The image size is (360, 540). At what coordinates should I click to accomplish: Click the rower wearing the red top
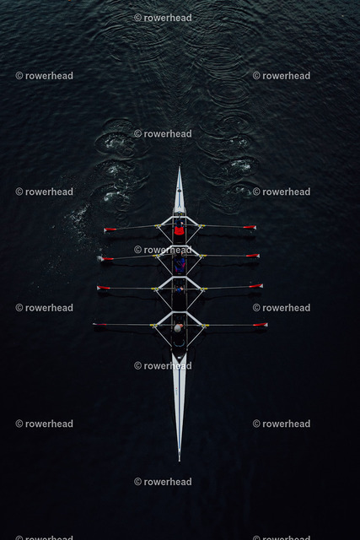(x=179, y=229)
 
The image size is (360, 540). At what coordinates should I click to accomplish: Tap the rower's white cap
(x=178, y=328)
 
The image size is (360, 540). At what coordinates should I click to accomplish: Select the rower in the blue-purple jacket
(x=180, y=263)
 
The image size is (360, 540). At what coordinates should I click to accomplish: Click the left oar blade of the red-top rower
(x=110, y=229)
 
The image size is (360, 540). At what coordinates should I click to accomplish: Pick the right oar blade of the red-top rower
(x=250, y=227)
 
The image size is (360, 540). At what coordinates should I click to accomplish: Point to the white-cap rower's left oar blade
(x=99, y=324)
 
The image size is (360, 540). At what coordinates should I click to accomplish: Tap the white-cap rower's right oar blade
(x=261, y=324)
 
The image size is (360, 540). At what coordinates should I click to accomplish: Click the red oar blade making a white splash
(x=107, y=258)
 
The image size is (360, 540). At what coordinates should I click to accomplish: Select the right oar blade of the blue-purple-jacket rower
(x=253, y=256)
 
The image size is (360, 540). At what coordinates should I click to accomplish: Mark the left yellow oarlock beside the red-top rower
(x=158, y=226)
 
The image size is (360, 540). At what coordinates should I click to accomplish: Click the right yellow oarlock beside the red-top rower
(x=201, y=226)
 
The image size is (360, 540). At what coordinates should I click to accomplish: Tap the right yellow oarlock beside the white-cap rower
(x=206, y=325)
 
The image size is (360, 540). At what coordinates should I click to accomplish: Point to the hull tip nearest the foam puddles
(x=180, y=167)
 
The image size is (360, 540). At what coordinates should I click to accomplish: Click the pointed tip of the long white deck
(x=180, y=460)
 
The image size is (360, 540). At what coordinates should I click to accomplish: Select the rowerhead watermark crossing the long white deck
(x=163, y=365)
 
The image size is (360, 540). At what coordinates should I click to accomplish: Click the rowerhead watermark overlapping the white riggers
(x=163, y=250)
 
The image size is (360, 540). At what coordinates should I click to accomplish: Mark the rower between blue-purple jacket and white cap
(x=179, y=292)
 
